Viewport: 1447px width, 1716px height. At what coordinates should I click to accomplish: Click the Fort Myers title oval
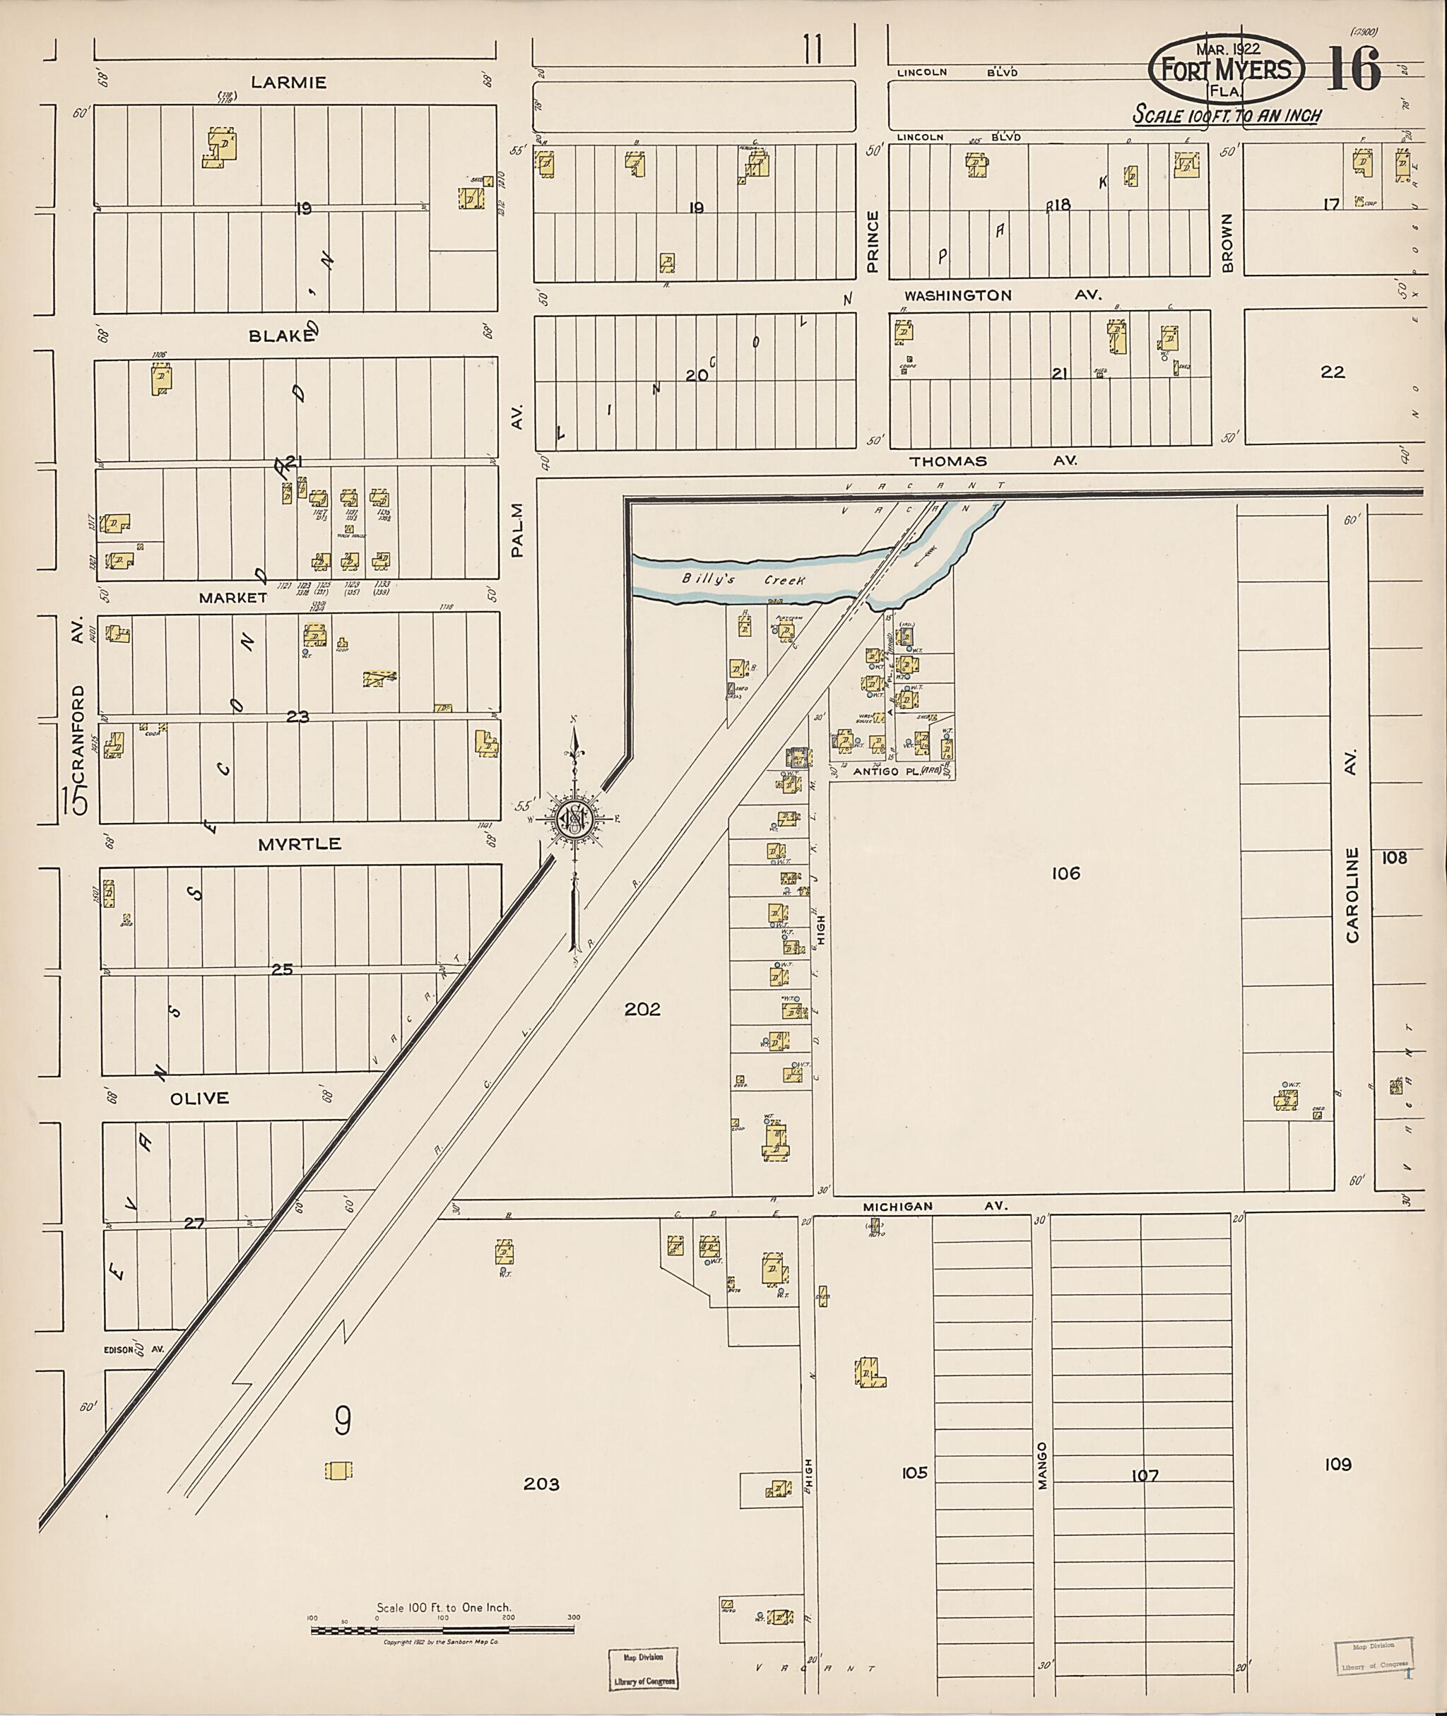coord(1226,70)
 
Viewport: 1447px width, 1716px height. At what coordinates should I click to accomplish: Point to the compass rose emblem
coord(574,819)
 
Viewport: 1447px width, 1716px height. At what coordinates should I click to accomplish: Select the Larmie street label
coord(289,82)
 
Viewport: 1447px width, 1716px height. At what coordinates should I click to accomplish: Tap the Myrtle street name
coord(300,844)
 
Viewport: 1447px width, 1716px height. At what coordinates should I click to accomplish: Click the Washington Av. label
coord(1003,295)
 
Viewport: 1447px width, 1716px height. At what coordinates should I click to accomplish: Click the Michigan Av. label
coord(934,1207)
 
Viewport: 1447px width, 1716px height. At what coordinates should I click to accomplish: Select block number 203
coord(541,1484)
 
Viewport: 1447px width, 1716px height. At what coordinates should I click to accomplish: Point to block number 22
coord(1333,372)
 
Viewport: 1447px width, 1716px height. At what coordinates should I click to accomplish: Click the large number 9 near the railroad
coord(343,1421)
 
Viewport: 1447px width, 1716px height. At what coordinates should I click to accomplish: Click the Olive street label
coord(199,1099)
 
